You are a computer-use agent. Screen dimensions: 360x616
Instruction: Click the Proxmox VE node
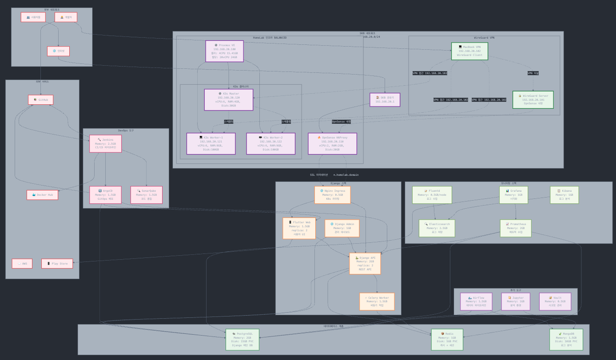pyautogui.click(x=224, y=51)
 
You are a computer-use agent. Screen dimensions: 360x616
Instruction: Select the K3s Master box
pyautogui.click(x=228, y=100)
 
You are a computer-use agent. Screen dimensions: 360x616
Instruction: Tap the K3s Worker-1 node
pyautogui.click(x=211, y=143)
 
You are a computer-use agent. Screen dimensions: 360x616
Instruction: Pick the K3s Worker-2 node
pyautogui.click(x=270, y=143)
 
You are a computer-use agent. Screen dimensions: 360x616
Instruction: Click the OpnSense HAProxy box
pyautogui.click(x=332, y=143)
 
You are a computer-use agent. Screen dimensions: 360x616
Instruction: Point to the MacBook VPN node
pyautogui.click(x=469, y=51)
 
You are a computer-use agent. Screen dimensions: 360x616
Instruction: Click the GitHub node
pyautogui.click(x=41, y=100)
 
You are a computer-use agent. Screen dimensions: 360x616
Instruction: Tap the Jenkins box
pyautogui.click(x=105, y=143)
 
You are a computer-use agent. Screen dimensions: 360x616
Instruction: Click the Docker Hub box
pyautogui.click(x=42, y=195)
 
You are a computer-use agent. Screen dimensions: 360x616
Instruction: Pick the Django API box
pyautogui.click(x=365, y=264)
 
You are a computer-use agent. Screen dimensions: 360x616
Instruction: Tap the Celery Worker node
pyautogui.click(x=377, y=301)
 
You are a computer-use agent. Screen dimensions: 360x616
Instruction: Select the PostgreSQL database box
pyautogui.click(x=242, y=340)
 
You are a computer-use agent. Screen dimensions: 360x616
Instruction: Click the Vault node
pyautogui.click(x=555, y=301)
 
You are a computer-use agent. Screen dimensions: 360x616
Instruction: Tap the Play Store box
pyautogui.click(x=57, y=264)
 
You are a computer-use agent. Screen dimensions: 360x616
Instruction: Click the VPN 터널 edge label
pyautogui.click(x=533, y=73)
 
